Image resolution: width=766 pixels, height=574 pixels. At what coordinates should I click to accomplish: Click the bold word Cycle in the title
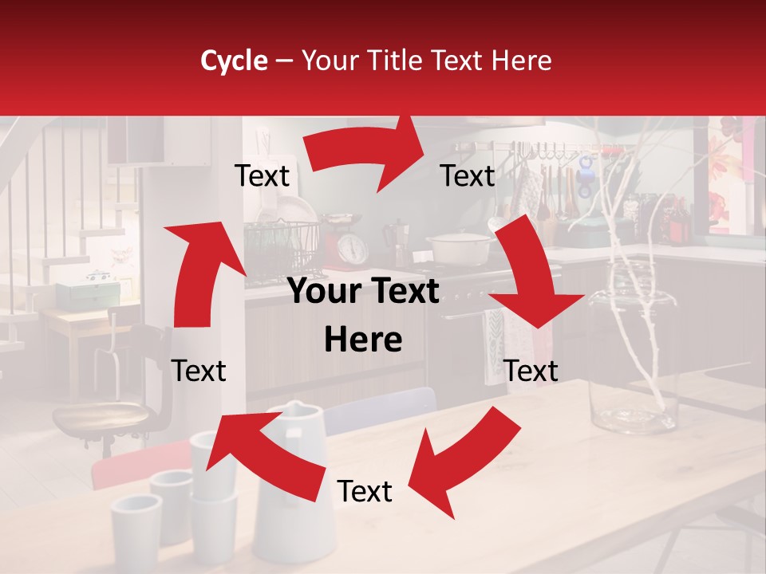coord(234,61)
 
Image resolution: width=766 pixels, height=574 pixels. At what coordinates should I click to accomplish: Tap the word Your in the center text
coord(324,292)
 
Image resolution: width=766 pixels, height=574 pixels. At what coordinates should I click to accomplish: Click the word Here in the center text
coord(363,340)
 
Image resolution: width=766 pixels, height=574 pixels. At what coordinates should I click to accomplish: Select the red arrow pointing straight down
coord(531,279)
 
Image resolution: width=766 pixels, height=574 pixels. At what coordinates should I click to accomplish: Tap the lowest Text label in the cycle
coord(365,492)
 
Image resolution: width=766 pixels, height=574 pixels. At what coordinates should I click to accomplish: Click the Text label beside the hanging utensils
coord(468,175)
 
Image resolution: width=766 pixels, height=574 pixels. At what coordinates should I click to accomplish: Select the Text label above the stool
coord(199,371)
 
